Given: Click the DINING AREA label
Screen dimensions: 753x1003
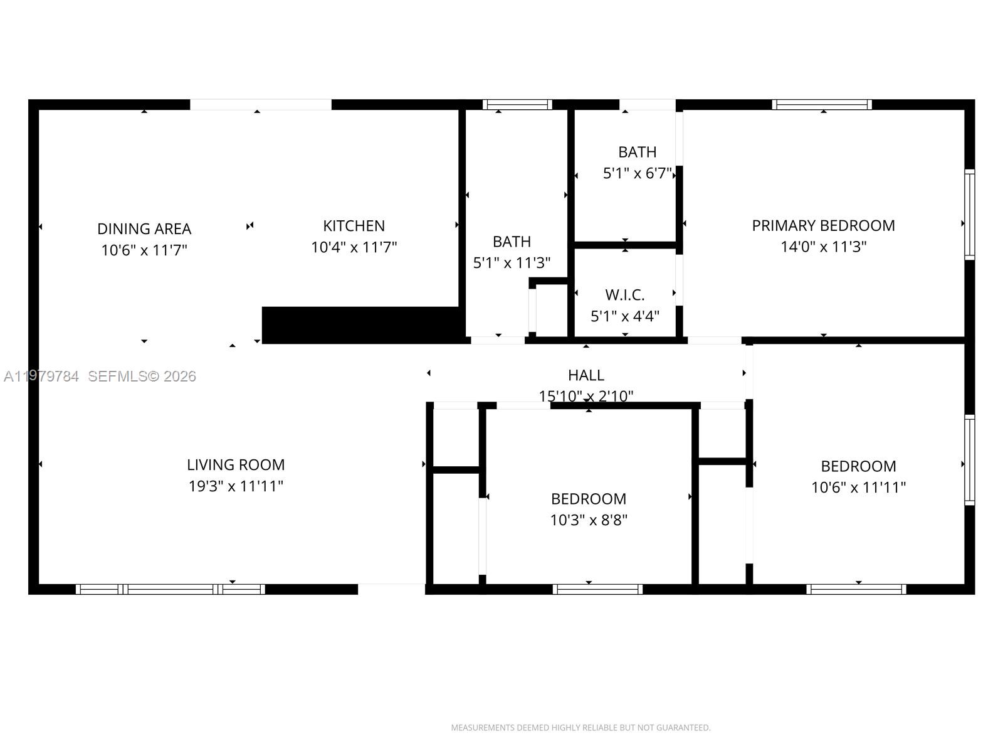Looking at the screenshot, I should click(x=144, y=228).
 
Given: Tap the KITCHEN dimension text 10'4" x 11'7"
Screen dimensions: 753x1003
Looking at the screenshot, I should click(x=354, y=247).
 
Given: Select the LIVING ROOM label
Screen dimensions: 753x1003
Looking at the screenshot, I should click(x=236, y=465).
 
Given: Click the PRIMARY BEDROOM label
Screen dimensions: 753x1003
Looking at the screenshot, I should click(x=823, y=225).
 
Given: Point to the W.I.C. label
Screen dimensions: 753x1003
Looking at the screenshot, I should click(x=624, y=295).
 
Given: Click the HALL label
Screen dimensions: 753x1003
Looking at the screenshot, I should click(x=586, y=375).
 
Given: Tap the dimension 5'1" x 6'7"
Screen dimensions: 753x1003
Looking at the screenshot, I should click(x=637, y=174).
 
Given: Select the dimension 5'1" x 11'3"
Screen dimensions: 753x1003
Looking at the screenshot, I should click(x=512, y=263).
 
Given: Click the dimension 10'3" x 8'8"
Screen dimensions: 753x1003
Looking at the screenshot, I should click(x=589, y=520).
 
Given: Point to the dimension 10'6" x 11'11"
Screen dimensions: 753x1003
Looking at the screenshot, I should click(x=858, y=488).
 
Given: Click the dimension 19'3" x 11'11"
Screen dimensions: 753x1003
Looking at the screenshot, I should click(x=236, y=486).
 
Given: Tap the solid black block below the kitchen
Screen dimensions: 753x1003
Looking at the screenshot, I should click(x=361, y=325).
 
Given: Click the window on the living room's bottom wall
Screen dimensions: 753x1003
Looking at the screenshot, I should click(x=170, y=589).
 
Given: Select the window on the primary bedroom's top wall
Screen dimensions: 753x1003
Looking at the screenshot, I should click(x=821, y=105).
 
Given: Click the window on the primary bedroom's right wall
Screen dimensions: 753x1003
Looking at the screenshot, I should click(x=969, y=214).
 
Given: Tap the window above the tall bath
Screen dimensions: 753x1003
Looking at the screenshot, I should click(x=517, y=105).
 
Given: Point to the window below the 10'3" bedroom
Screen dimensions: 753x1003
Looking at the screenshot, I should click(x=597, y=589).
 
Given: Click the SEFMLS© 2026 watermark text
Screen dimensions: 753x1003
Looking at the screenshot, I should click(x=142, y=376).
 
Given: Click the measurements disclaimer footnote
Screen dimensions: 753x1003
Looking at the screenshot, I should click(x=580, y=728).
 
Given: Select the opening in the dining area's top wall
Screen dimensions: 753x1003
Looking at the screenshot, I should click(x=261, y=105).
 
